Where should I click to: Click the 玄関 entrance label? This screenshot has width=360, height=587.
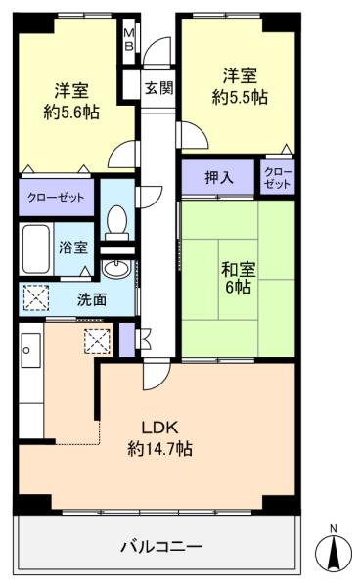tap(159, 89)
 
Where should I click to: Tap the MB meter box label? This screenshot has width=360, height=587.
tap(129, 40)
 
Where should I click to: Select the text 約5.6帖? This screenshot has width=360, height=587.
tap(71, 112)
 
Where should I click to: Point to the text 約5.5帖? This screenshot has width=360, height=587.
tap(240, 97)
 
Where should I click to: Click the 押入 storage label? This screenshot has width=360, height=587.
tap(219, 177)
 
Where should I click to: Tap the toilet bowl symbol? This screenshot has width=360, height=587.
tap(117, 222)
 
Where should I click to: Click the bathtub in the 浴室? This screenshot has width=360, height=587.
tap(35, 248)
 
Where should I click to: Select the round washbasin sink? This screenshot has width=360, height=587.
tap(116, 268)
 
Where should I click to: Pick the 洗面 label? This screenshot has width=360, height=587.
tap(92, 300)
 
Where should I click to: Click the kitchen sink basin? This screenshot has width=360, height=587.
tap(30, 350)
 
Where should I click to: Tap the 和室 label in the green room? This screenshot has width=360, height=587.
tap(239, 270)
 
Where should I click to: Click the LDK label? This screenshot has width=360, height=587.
tap(159, 428)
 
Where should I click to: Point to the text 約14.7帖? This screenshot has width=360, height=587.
tap(160, 448)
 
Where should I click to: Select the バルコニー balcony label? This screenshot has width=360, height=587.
tap(161, 547)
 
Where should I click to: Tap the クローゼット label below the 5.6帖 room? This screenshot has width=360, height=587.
tap(56, 198)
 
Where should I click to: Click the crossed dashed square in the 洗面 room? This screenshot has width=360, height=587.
tap(36, 297)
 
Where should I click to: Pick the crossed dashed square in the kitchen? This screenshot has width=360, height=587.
tap(97, 341)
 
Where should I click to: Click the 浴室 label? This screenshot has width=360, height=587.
tap(73, 248)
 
